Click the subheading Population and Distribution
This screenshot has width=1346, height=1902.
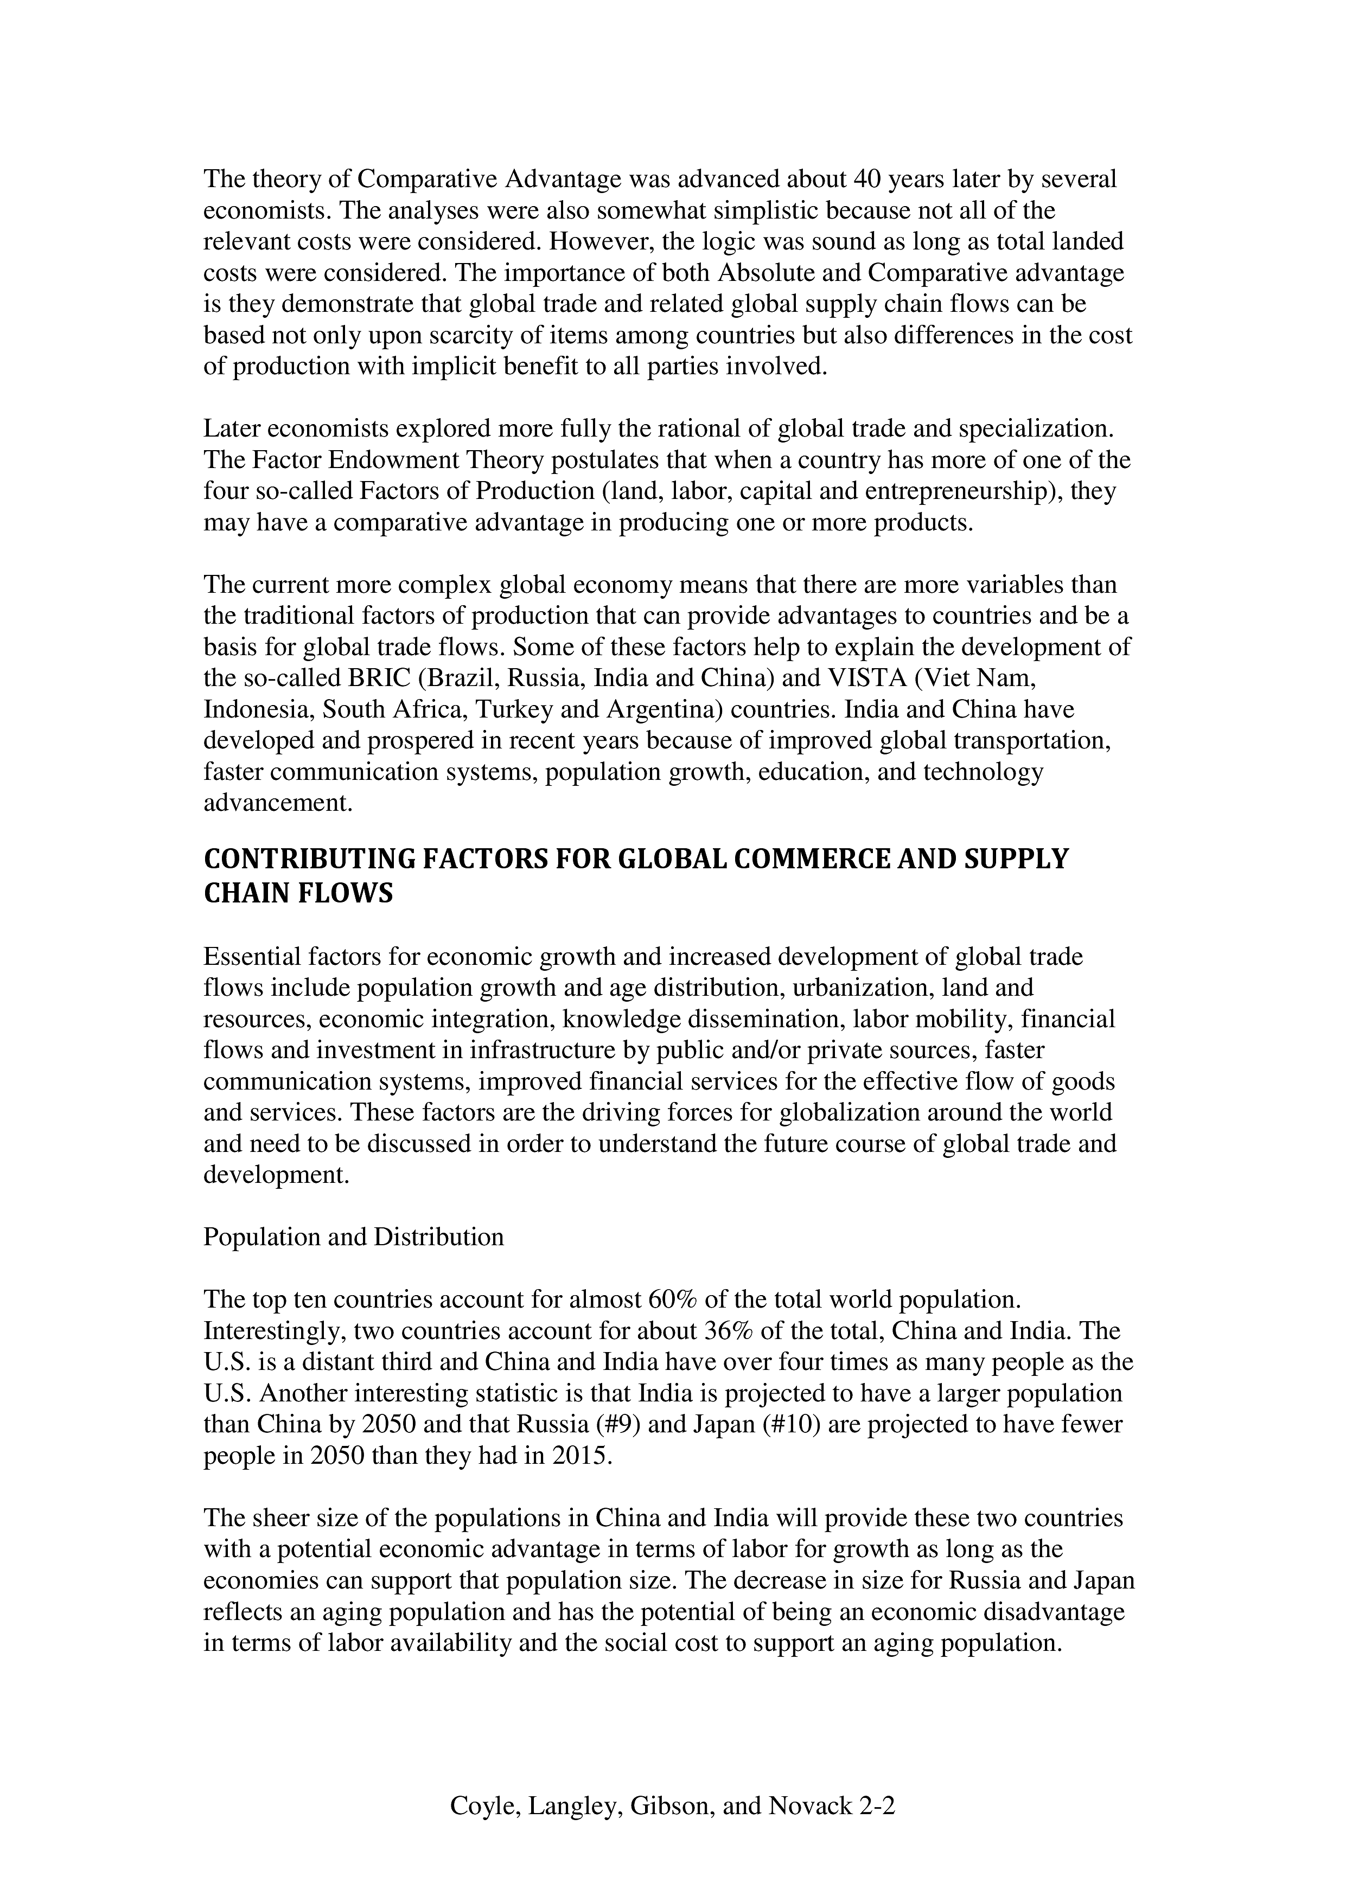[x=354, y=1237]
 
